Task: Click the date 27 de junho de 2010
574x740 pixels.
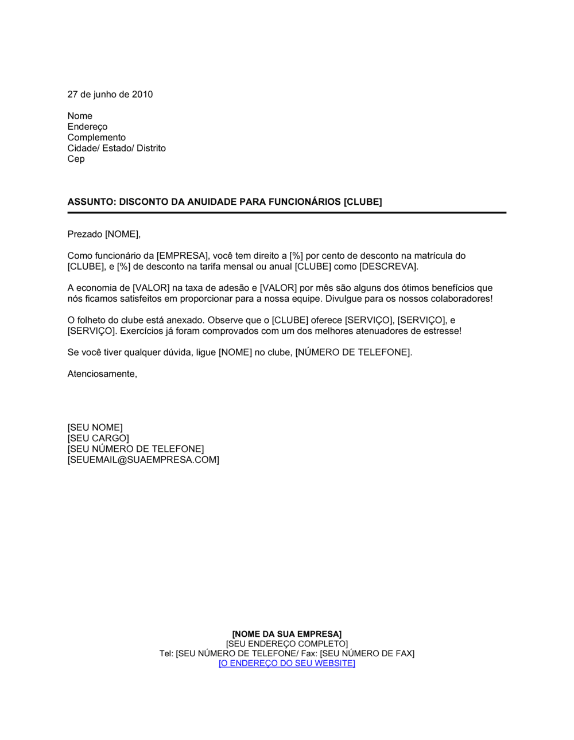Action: (110, 94)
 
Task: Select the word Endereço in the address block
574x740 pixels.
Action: (87, 126)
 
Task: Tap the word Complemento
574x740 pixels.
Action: (96, 137)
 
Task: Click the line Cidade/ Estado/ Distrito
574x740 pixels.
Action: (117, 148)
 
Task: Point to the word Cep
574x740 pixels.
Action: (76, 159)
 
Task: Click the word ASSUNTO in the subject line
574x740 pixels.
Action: (90, 202)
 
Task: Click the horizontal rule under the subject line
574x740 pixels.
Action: (287, 213)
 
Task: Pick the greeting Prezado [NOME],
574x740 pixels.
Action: (104, 234)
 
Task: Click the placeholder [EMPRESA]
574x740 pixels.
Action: (182, 256)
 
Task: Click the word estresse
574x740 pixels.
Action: (441, 331)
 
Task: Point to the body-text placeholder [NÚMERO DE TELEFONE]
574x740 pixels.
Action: (352, 352)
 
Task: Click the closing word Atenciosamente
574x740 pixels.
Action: (102, 374)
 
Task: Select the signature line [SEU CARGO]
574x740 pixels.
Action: (98, 438)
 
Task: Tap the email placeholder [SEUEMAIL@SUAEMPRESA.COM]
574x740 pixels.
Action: (143, 460)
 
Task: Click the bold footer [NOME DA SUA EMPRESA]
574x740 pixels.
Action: (287, 634)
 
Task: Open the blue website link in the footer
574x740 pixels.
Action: (287, 663)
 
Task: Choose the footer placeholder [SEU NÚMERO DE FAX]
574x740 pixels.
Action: (367, 653)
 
